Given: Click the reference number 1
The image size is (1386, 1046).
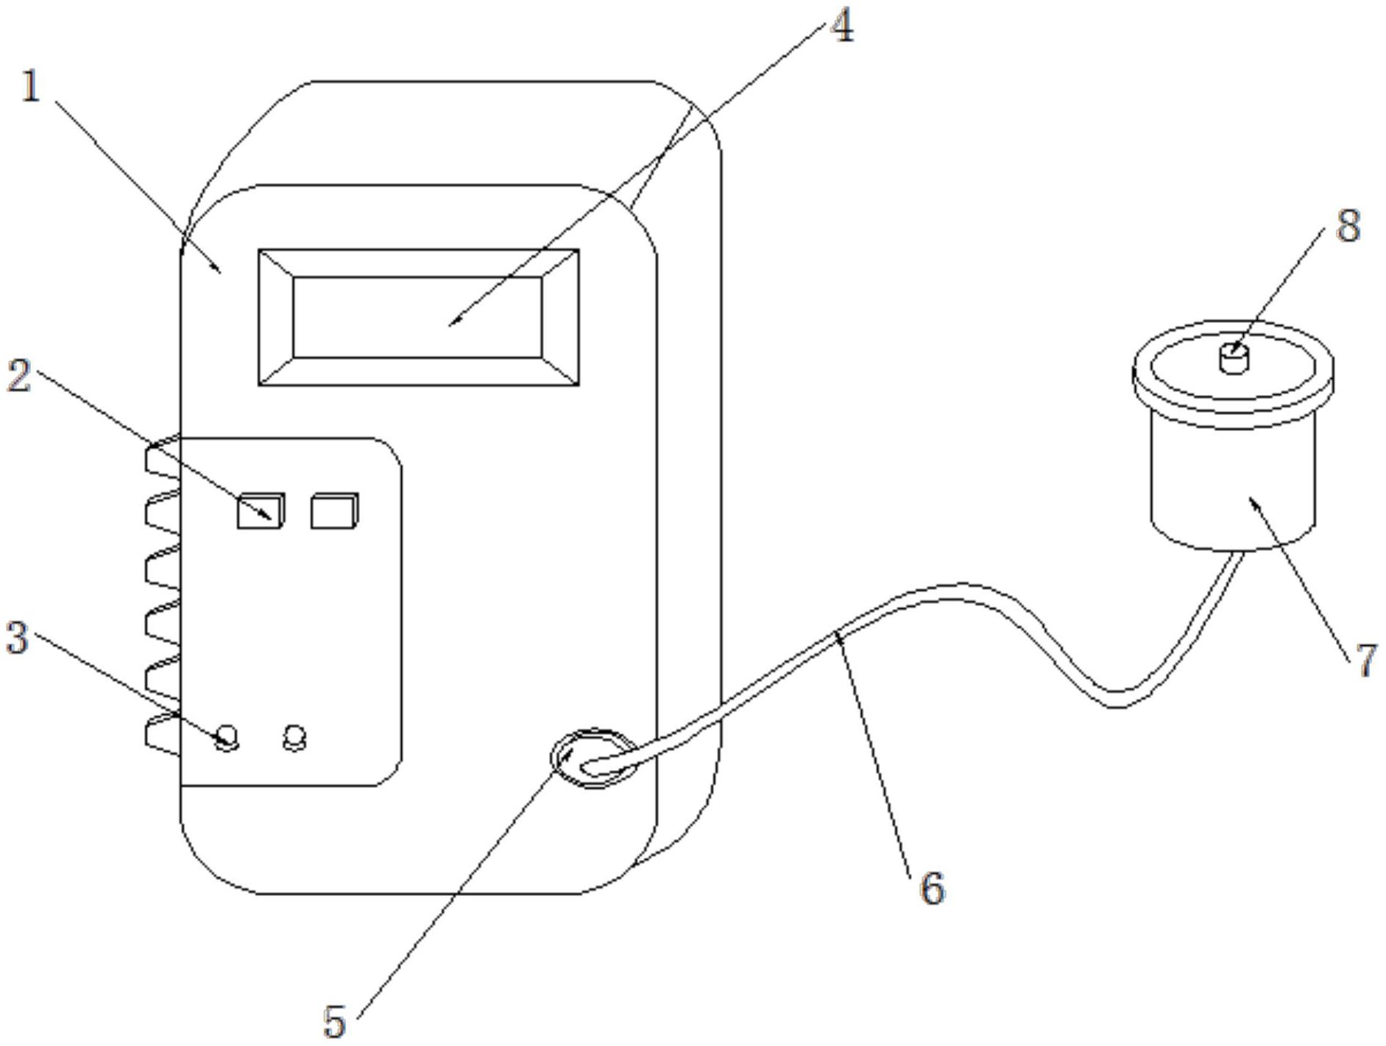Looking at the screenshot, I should tap(30, 88).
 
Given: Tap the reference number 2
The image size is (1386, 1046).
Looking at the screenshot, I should tap(18, 375).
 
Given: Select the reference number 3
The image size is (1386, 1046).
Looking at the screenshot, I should tap(17, 638).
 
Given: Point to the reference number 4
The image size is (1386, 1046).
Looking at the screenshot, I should tap(842, 26).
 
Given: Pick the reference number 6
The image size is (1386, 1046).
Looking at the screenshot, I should tap(932, 888).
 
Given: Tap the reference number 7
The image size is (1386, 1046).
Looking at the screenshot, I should tap(1366, 660).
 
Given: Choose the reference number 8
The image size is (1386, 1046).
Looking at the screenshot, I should tap(1348, 226).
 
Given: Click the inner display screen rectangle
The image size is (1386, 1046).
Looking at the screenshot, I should tap(417, 318).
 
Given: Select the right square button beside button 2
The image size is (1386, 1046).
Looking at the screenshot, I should tap(334, 511).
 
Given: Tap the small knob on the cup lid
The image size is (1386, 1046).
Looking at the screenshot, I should tap(1234, 358).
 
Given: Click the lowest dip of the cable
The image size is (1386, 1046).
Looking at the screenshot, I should tap(1117, 700).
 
